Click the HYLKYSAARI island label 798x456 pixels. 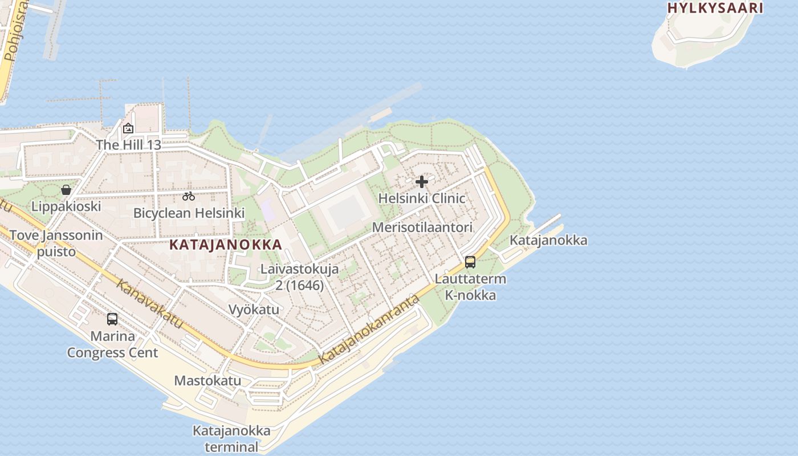pyautogui.click(x=715, y=8)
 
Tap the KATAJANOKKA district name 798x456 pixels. pyautogui.click(x=226, y=245)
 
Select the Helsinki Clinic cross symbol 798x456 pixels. pyautogui.click(x=422, y=182)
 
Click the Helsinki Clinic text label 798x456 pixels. pyautogui.click(x=422, y=198)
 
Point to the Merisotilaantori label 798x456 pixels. pyautogui.click(x=422, y=227)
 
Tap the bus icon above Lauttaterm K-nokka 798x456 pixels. pyautogui.click(x=470, y=262)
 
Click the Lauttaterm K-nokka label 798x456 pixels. pyautogui.click(x=470, y=287)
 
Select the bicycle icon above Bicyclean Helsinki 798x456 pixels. pyautogui.click(x=189, y=197)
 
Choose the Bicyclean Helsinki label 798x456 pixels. pyautogui.click(x=189, y=213)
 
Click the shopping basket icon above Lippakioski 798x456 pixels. pyautogui.click(x=66, y=190)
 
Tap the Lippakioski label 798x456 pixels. pyautogui.click(x=66, y=206)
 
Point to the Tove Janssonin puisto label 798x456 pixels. pyautogui.click(x=56, y=243)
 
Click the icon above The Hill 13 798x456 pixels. pyautogui.click(x=128, y=128)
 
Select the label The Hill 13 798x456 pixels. pyautogui.click(x=128, y=145)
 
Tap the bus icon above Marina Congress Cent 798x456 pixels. pyautogui.click(x=112, y=319)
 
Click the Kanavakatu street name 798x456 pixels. pyautogui.click(x=150, y=304)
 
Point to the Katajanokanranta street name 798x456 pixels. pyautogui.click(x=369, y=330)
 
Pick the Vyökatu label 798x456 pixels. pyautogui.click(x=254, y=310)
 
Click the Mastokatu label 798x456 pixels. pyautogui.click(x=207, y=381)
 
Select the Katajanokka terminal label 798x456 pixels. pyautogui.click(x=231, y=438)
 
